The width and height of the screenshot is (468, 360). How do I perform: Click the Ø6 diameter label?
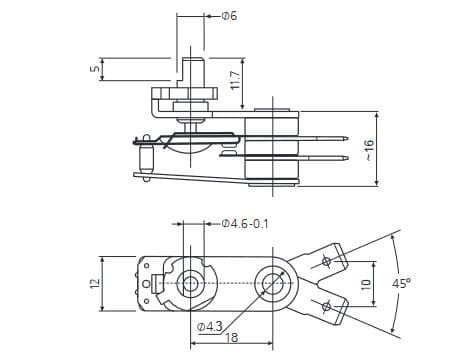[x=229, y=17]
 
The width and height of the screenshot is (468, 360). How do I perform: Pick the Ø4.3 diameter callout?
[x=210, y=326]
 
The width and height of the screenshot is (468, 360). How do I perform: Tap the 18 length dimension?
[x=233, y=338]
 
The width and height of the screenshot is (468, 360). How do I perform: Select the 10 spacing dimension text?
[x=367, y=284]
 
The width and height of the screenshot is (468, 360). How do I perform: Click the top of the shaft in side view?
[x=191, y=59]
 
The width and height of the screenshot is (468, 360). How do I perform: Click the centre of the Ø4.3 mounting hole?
[x=271, y=282]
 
